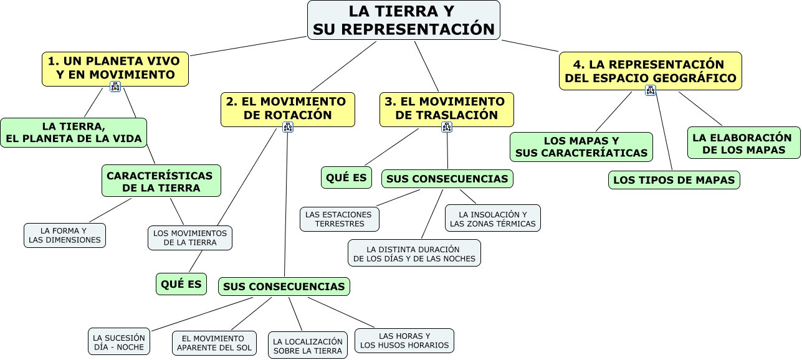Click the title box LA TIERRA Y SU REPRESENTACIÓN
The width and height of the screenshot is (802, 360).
click(404, 20)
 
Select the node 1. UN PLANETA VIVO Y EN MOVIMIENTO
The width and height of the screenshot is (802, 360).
click(115, 68)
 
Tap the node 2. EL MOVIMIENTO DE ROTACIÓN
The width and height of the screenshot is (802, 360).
click(287, 109)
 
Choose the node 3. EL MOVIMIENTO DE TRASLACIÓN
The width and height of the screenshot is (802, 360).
click(447, 109)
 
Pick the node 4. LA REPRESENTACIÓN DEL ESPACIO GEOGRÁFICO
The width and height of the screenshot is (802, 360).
click(651, 71)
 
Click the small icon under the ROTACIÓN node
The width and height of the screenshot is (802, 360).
click(288, 127)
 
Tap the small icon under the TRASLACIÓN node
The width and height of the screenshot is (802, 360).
click(447, 127)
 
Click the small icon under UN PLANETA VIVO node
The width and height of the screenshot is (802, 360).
click(115, 87)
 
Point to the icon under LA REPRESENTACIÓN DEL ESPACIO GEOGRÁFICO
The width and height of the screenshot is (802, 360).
click(651, 90)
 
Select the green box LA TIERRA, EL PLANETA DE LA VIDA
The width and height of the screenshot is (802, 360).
click(74, 133)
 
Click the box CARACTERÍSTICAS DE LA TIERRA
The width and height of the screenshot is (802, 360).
click(161, 181)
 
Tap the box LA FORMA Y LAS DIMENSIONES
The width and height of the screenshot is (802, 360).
click(65, 235)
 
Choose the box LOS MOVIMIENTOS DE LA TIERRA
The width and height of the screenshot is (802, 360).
click(190, 237)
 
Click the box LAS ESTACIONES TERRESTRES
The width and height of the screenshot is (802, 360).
click(340, 219)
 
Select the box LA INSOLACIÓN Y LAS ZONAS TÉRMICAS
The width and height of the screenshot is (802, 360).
click(493, 219)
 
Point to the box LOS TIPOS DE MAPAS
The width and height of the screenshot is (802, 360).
click(674, 180)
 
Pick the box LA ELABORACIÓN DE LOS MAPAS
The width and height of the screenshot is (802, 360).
click(744, 143)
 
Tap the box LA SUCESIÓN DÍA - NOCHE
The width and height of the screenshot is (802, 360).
click(118, 341)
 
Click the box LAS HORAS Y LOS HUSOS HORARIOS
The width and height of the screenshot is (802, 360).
click(404, 340)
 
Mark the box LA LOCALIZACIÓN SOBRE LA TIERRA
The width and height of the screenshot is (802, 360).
click(308, 346)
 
